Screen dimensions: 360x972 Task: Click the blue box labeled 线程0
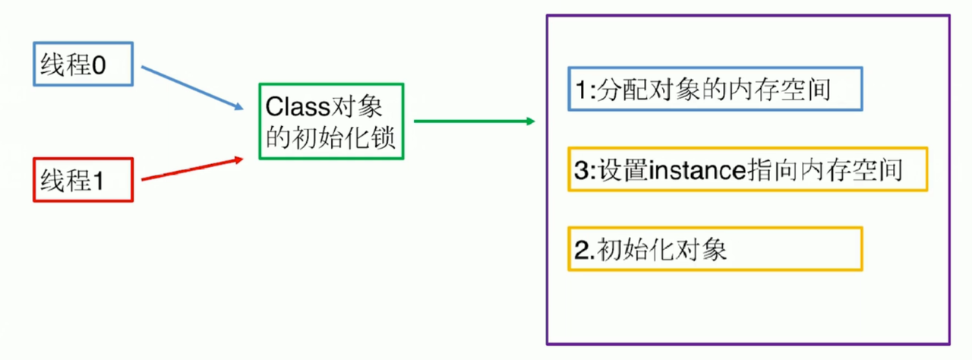(x=84, y=63)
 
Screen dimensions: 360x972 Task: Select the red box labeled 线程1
(x=84, y=180)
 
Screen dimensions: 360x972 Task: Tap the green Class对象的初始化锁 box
(x=331, y=122)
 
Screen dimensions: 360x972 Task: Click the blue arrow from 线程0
(x=190, y=85)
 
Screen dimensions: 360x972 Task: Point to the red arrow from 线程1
(x=190, y=169)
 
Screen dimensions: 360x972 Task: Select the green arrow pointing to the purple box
(x=471, y=122)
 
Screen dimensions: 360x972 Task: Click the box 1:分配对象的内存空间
(x=715, y=90)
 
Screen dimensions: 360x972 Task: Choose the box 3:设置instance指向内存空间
(x=747, y=169)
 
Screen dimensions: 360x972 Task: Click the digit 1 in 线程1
(x=98, y=181)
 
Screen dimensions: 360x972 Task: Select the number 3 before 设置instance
(x=579, y=170)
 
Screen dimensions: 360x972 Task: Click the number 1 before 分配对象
(x=579, y=90)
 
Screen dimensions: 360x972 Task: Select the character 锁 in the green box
(x=383, y=139)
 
